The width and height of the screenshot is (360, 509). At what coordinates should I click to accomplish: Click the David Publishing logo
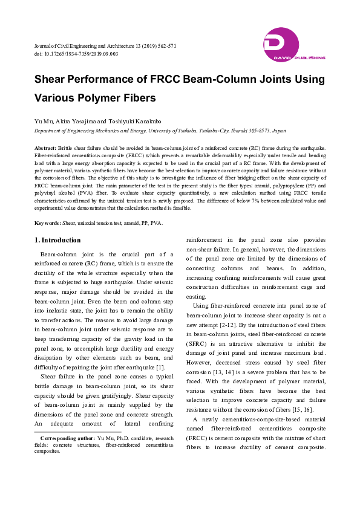click(293, 45)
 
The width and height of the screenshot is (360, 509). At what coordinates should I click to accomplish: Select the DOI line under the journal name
click(76, 54)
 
